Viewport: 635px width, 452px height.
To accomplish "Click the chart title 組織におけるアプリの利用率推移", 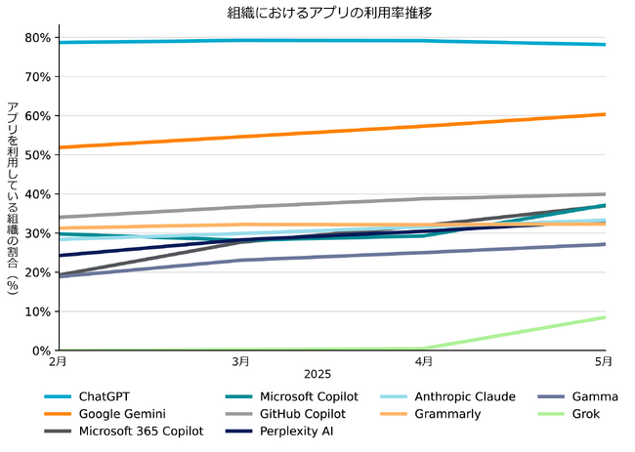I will [x=317, y=13].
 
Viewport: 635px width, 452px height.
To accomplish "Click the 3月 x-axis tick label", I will [x=240, y=362].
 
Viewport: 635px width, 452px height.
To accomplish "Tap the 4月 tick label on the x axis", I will [x=423, y=362].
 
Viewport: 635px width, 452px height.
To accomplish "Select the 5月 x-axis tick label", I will [x=605, y=362].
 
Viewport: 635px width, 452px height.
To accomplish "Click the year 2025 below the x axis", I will [x=317, y=375].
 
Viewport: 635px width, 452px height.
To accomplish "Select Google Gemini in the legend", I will [x=122, y=414].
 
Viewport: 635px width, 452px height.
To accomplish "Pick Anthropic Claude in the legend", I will [x=464, y=397].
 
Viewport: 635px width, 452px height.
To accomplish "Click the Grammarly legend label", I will [x=446, y=414].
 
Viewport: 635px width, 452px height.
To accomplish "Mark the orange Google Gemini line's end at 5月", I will [x=605, y=114].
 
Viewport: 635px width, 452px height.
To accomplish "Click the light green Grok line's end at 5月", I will [x=605, y=317].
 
